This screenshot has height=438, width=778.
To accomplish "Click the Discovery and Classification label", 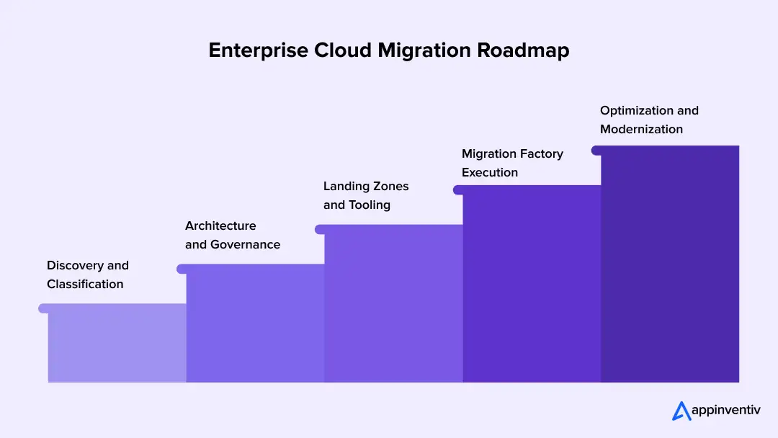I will pyautogui.click(x=87, y=274).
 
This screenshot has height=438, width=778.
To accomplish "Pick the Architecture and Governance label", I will pyautogui.click(x=232, y=236).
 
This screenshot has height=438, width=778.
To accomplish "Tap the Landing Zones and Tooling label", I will pyautogui.click(x=365, y=195).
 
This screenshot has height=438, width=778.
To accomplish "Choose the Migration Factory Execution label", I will pyautogui.click(x=511, y=163).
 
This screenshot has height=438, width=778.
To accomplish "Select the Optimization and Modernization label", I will pyautogui.click(x=648, y=120).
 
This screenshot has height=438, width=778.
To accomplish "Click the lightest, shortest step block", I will pyautogui.click(x=117, y=344).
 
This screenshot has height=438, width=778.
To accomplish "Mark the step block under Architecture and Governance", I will pyautogui.click(x=255, y=324).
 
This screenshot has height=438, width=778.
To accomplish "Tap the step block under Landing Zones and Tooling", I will pyautogui.click(x=393, y=304).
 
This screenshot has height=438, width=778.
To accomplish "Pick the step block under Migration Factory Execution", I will pyautogui.click(x=532, y=285).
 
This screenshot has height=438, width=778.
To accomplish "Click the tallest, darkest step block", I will pyautogui.click(x=670, y=264).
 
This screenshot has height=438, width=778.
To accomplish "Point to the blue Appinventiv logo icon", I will pyautogui.click(x=681, y=411).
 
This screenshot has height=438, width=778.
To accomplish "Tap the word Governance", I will pyautogui.click(x=245, y=245).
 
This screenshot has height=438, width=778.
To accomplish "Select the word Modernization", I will pyautogui.click(x=641, y=130).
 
